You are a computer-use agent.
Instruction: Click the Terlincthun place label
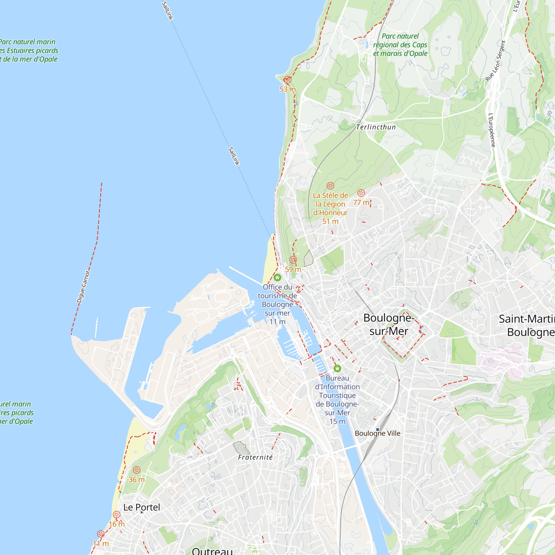click(x=376, y=127)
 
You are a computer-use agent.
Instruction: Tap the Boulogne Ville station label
click(x=377, y=433)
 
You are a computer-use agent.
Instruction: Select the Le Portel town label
click(x=142, y=507)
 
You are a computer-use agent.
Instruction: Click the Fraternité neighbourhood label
click(x=255, y=457)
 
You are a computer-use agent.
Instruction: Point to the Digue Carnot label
click(x=83, y=287)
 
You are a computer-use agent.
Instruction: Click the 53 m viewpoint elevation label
click(x=287, y=89)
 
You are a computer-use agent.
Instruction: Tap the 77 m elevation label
click(x=361, y=203)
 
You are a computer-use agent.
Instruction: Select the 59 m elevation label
click(x=293, y=269)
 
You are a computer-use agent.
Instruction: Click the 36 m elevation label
click(x=137, y=480)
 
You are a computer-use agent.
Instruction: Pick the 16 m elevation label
click(x=117, y=524)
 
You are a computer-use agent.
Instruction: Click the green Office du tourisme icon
click(x=277, y=277)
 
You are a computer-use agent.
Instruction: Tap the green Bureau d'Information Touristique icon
click(x=337, y=368)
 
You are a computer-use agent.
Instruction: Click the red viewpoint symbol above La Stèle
click(x=330, y=186)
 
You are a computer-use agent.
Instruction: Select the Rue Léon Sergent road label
click(x=495, y=61)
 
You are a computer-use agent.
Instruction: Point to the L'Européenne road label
click(x=492, y=130)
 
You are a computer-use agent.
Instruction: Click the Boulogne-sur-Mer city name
click(x=389, y=324)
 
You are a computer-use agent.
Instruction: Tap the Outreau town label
click(x=212, y=551)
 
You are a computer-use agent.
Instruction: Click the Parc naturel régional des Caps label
click(x=400, y=45)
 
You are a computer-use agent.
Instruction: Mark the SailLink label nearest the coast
click(x=234, y=156)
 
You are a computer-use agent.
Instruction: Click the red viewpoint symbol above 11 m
click(x=101, y=534)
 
